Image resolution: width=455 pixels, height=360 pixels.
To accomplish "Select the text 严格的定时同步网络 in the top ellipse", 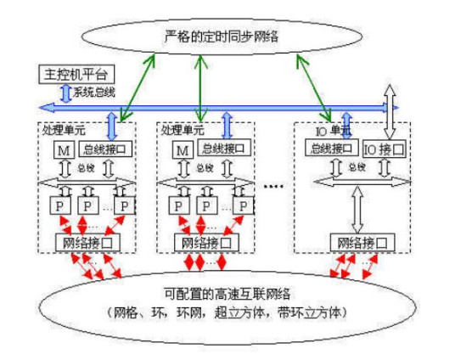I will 222,36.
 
